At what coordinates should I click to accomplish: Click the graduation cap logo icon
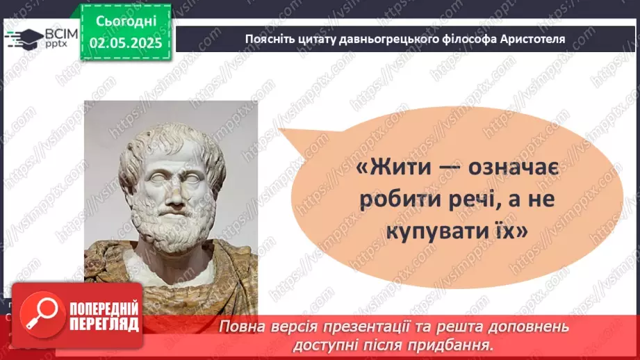click(24, 38)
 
